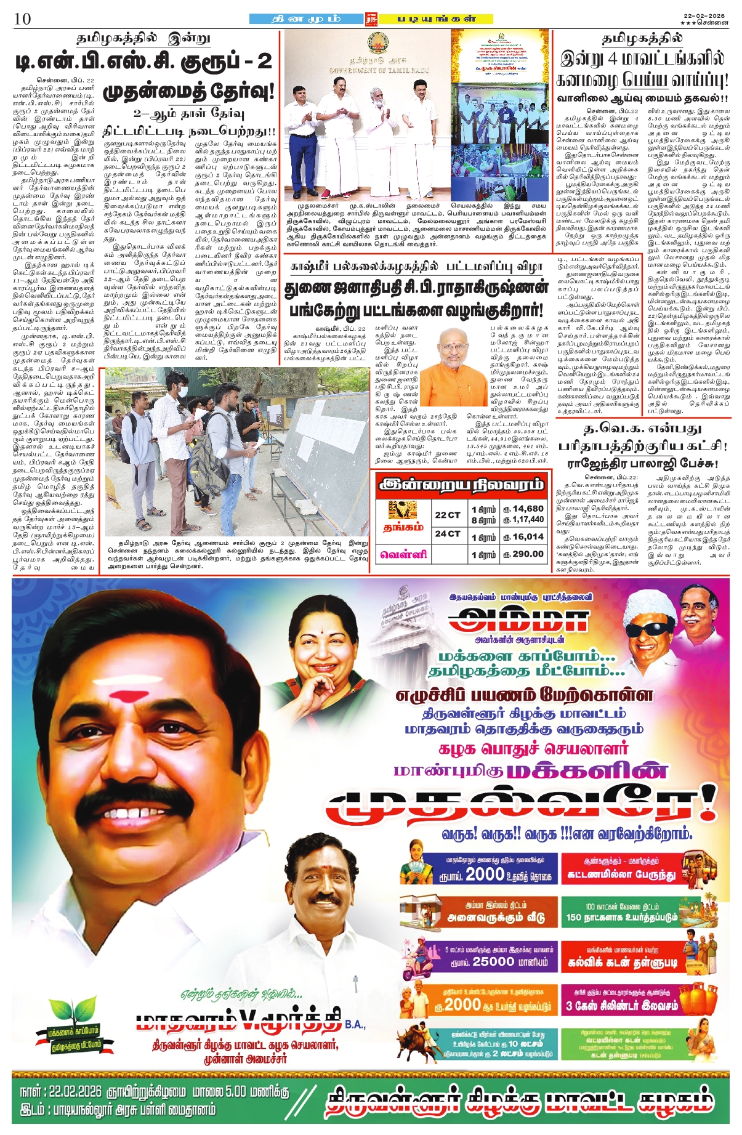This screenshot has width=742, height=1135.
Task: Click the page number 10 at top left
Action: click(22, 18)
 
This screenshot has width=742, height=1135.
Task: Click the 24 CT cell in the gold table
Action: click(448, 534)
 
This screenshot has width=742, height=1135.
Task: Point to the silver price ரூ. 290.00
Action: click(523, 554)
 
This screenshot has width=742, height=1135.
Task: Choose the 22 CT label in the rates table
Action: click(448, 514)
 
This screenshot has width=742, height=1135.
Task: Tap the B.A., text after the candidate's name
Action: click(355, 1025)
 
